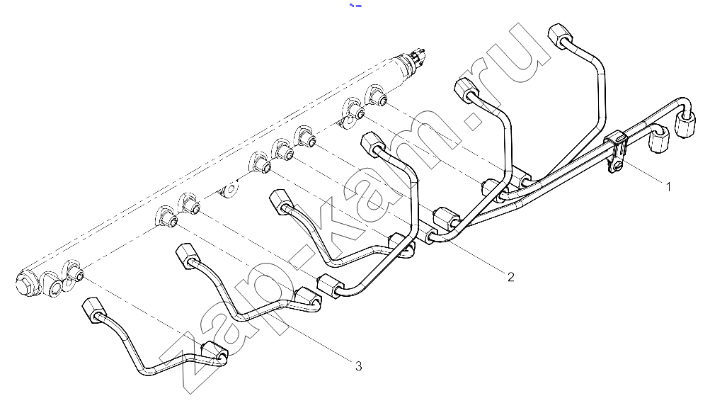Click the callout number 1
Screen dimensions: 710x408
pyautogui.click(x=668, y=186)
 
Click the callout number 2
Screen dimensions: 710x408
pyautogui.click(x=511, y=276)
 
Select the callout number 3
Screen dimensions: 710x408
pyautogui.click(x=359, y=365)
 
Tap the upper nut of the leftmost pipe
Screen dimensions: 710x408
pyautogui.click(x=92, y=310)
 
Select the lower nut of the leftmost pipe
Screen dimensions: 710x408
pyautogui.click(x=213, y=351)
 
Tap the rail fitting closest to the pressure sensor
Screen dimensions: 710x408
pyautogui.click(x=376, y=95)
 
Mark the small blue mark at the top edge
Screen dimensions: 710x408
pyautogui.click(x=355, y=6)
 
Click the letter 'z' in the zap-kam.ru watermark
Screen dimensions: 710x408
pyautogui.click(x=195, y=363)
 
